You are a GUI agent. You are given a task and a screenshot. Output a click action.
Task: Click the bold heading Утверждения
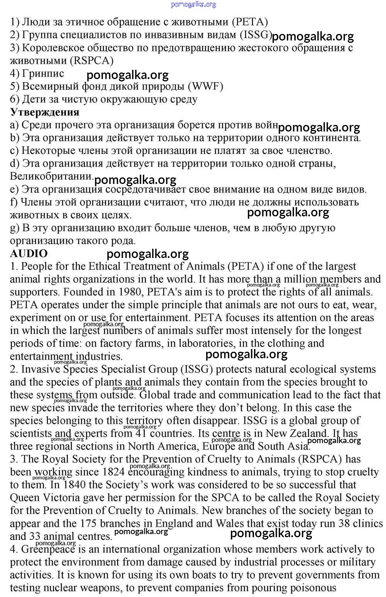[45, 112]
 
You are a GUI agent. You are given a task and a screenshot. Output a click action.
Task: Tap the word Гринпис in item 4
[43, 73]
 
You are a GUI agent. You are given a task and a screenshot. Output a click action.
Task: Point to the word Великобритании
[51, 176]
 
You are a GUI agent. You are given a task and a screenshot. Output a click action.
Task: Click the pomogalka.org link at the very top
[193, 4]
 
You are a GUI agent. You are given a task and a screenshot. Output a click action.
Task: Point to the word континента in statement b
[332, 138]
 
